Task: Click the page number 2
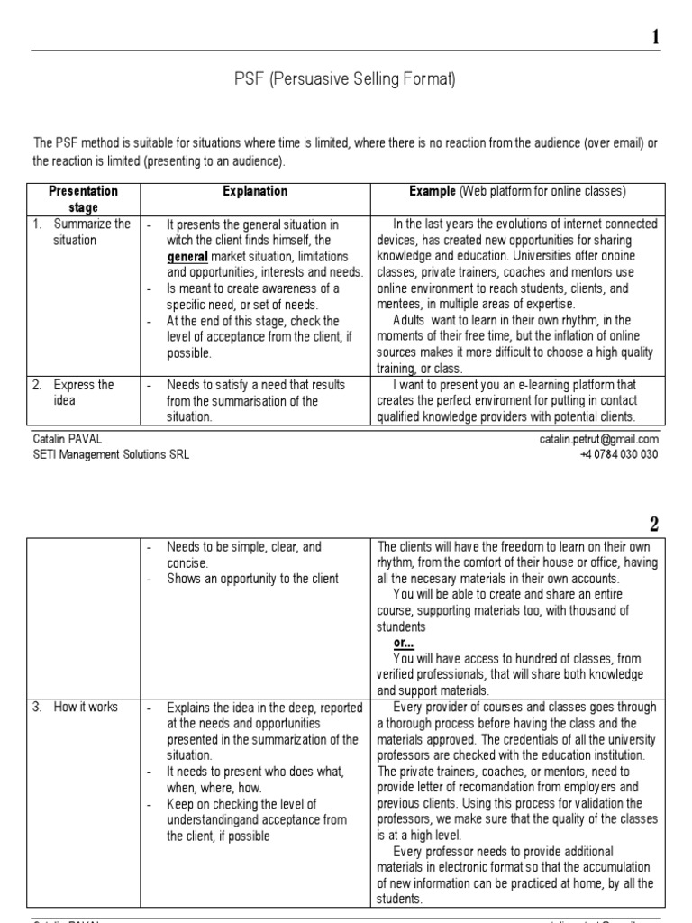[x=655, y=525]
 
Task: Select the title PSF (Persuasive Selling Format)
[x=345, y=80]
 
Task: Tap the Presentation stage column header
[x=83, y=199]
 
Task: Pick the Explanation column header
[x=255, y=191]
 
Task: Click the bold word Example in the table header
[x=432, y=191]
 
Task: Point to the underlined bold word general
[x=187, y=256]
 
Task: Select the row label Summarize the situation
[x=90, y=232]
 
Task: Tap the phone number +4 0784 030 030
[x=619, y=454]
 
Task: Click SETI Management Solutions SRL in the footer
[x=111, y=454]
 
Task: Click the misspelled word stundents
[x=402, y=626]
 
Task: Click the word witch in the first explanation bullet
[x=180, y=240]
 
